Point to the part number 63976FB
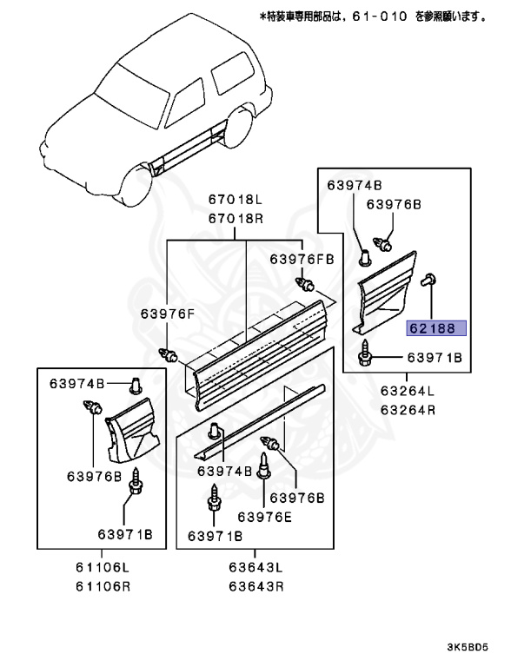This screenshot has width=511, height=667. (x=301, y=259)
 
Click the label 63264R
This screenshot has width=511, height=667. (x=407, y=410)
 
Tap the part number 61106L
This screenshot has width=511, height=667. (x=102, y=568)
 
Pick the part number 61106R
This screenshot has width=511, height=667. (x=102, y=585)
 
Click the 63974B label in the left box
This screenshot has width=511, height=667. (x=76, y=383)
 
